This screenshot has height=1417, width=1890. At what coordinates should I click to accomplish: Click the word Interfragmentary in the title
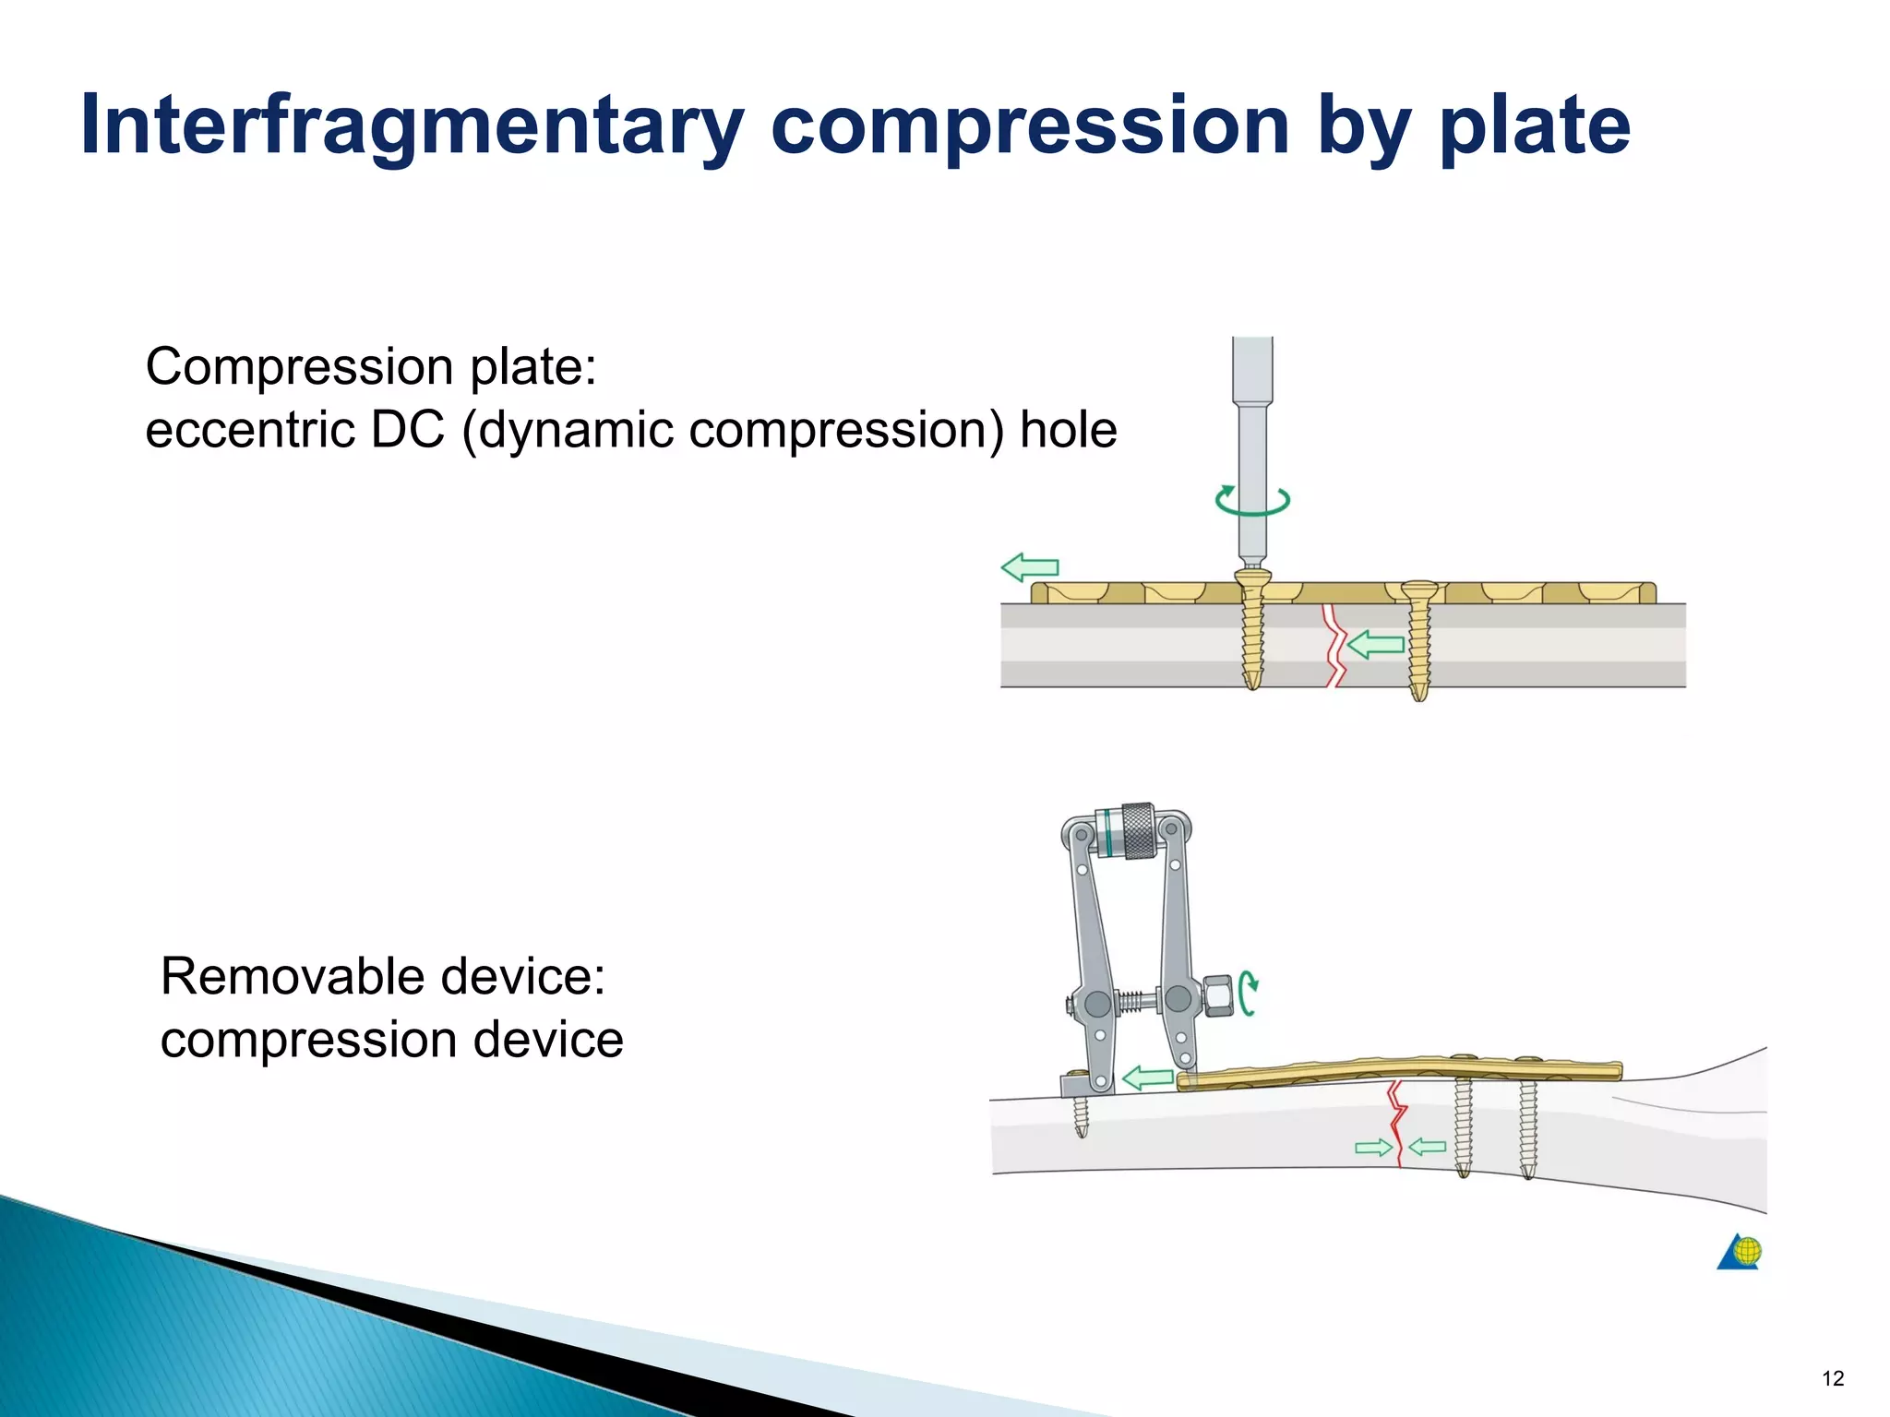tap(411, 126)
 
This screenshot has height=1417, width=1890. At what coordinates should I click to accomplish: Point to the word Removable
tap(293, 976)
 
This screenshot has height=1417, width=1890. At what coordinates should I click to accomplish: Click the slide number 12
tap(1832, 1378)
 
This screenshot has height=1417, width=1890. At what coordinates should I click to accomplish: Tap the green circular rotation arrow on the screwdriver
tap(1251, 500)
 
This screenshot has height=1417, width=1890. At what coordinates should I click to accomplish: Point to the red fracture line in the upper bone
tap(1333, 646)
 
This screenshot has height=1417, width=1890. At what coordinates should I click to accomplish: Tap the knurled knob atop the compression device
tap(1137, 830)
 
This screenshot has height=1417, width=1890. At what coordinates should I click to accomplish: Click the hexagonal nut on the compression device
tap(1218, 996)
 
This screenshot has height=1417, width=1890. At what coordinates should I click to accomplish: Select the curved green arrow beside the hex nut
tap(1249, 994)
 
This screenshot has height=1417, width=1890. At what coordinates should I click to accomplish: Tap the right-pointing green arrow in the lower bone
tap(1372, 1148)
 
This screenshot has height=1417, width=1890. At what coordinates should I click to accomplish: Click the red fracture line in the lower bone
tap(1398, 1125)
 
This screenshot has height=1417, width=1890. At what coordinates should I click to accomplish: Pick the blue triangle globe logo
tap(1739, 1252)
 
